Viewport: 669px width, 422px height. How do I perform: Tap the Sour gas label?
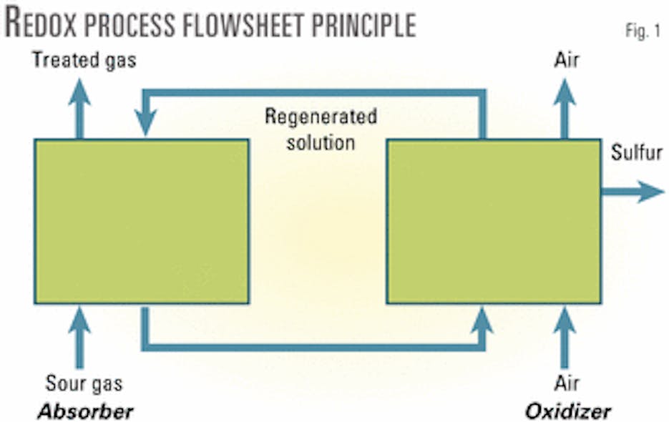click(84, 384)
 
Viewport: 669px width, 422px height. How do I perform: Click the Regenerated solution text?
click(321, 129)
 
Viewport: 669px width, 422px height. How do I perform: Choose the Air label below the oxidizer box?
click(566, 384)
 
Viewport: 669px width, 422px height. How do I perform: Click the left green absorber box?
click(141, 221)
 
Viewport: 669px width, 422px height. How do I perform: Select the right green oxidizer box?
click(493, 221)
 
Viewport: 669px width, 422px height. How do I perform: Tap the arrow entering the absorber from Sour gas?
click(79, 336)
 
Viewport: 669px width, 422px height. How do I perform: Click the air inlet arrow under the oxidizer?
click(566, 336)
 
